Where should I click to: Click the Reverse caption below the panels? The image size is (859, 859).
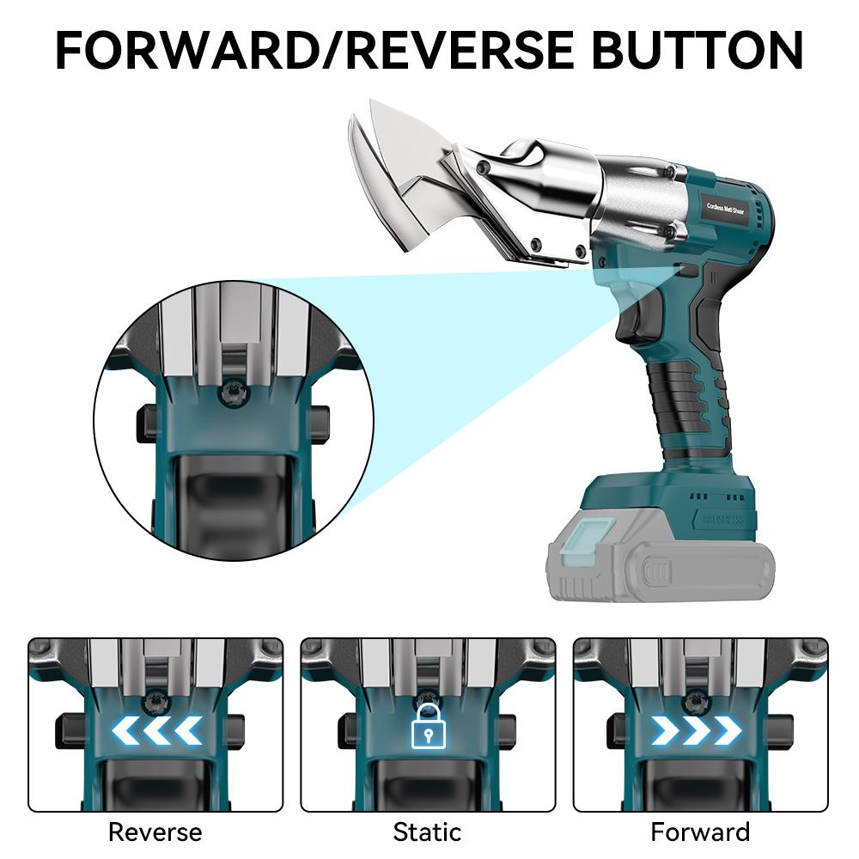(155, 832)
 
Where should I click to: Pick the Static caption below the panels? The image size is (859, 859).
(427, 832)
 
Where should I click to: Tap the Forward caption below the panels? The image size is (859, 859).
(700, 832)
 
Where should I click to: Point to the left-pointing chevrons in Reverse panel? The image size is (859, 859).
(156, 730)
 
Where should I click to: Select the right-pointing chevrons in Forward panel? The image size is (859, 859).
(696, 730)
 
